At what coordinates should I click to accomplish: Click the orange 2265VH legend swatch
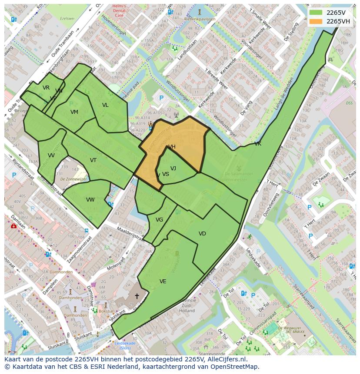coord(316,21)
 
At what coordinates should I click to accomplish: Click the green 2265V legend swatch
coord(316,13)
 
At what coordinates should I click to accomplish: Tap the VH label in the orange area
coord(172,147)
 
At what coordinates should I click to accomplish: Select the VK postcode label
coord(258,144)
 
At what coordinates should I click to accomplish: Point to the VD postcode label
coord(202,234)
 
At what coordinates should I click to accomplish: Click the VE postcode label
coord(163,281)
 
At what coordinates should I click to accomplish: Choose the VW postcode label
coord(90,200)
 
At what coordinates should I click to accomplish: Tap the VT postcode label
coord(93,160)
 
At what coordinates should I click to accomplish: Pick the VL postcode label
coord(105,105)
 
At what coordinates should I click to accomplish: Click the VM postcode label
coord(74,112)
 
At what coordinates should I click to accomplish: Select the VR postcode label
coord(46,88)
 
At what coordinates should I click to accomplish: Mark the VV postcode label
coord(51,156)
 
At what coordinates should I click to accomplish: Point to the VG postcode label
coord(159,220)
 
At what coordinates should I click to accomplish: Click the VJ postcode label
coord(173,169)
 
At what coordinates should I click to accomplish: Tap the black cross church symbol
coord(137,296)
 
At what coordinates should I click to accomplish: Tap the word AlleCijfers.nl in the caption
coord(226,359)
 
